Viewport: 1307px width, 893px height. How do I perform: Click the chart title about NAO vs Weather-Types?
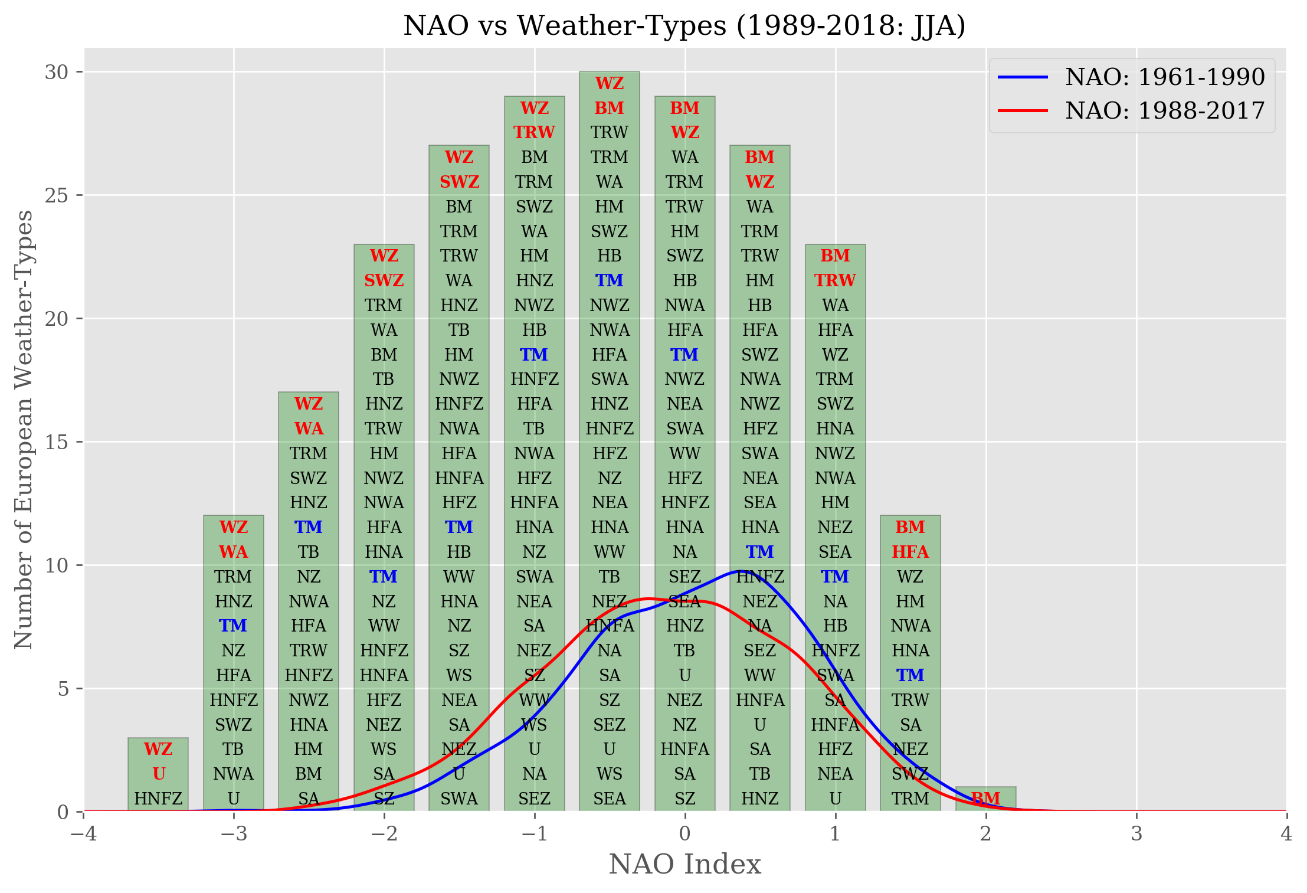click(x=684, y=26)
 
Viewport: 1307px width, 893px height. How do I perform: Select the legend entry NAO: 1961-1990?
click(x=1165, y=77)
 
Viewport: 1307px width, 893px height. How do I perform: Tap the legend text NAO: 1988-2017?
click(x=1165, y=110)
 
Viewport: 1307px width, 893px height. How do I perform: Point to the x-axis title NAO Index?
click(x=684, y=865)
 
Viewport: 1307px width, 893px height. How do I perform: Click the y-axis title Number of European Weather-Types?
click(x=24, y=430)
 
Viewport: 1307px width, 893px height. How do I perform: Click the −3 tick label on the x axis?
click(x=234, y=834)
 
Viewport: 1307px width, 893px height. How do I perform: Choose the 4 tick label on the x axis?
click(x=1286, y=834)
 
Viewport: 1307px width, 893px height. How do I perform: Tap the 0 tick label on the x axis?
click(x=684, y=834)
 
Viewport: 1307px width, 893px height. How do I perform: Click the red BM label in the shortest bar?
click(x=985, y=799)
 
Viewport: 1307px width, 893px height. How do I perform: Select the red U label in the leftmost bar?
click(x=158, y=774)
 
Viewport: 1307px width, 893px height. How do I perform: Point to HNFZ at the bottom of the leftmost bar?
click(x=158, y=799)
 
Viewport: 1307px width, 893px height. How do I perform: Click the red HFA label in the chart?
click(x=910, y=552)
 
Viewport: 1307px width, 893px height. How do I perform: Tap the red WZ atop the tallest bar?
click(x=609, y=83)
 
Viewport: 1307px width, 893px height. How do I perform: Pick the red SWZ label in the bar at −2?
click(x=384, y=280)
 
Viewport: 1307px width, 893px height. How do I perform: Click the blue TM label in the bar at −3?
click(x=233, y=626)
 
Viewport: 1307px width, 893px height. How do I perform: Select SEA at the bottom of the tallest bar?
click(x=609, y=799)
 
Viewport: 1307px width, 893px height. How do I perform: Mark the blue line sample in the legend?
click(x=1023, y=77)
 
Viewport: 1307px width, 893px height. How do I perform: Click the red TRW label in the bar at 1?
click(x=835, y=280)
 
